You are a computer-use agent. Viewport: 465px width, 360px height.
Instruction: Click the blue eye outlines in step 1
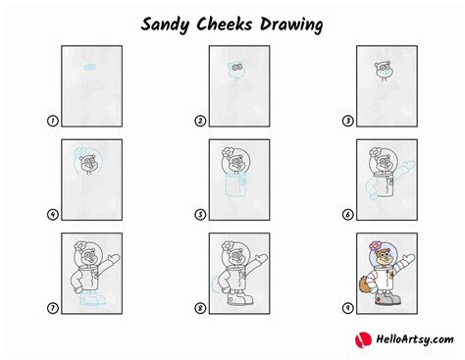[x=88, y=68]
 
